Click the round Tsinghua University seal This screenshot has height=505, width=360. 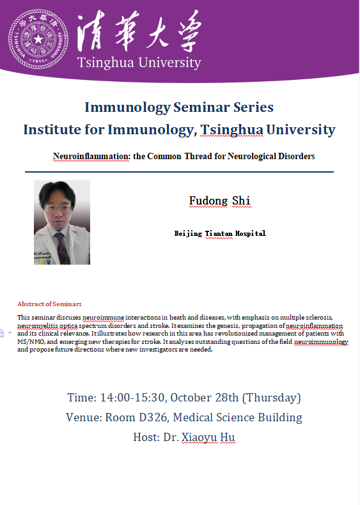click(x=38, y=39)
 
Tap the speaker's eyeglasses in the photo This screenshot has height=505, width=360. click(x=58, y=209)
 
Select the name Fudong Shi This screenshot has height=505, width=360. click(x=219, y=201)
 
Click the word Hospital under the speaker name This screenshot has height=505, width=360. click(x=251, y=233)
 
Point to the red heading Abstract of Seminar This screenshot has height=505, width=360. click(x=49, y=304)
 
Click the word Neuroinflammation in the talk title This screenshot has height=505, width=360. click(x=91, y=156)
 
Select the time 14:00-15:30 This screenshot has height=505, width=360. click(x=132, y=398)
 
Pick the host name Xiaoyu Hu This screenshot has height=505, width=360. click(x=208, y=437)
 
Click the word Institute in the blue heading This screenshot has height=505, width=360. click(x=52, y=130)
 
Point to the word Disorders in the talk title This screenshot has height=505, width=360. click(x=296, y=156)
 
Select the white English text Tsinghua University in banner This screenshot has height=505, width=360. click(x=139, y=62)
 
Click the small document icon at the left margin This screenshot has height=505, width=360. click(x=2, y=332)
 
